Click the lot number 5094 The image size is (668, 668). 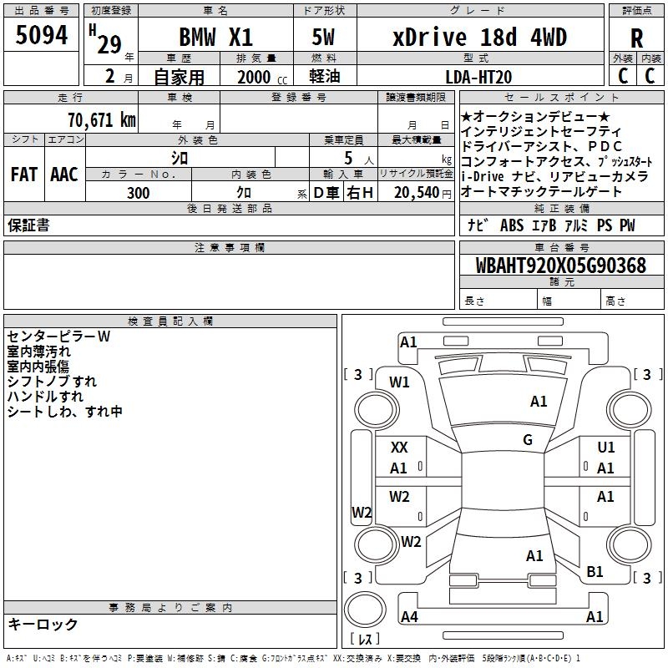coord(42,36)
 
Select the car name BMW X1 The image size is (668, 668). coord(215,38)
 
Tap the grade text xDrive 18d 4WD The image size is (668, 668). coord(479,38)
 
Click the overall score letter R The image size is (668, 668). coord(637,38)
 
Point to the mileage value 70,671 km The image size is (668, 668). coord(101,120)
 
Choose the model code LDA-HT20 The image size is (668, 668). coord(479,77)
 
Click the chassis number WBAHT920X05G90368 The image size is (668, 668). coord(561,266)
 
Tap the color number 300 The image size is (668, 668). coord(139,193)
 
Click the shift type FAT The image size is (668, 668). coord(23,175)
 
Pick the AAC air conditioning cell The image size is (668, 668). coord(64,175)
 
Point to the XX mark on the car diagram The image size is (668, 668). coord(399,448)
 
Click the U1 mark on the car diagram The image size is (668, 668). coord(606,448)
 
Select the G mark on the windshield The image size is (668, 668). coord(528,440)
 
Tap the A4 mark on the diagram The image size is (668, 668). coord(409,617)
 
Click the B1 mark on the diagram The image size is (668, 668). coord(595,572)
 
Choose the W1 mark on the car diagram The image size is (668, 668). coord(400,382)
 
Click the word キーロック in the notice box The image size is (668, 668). coord(43,624)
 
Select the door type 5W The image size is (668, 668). coord(324,38)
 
